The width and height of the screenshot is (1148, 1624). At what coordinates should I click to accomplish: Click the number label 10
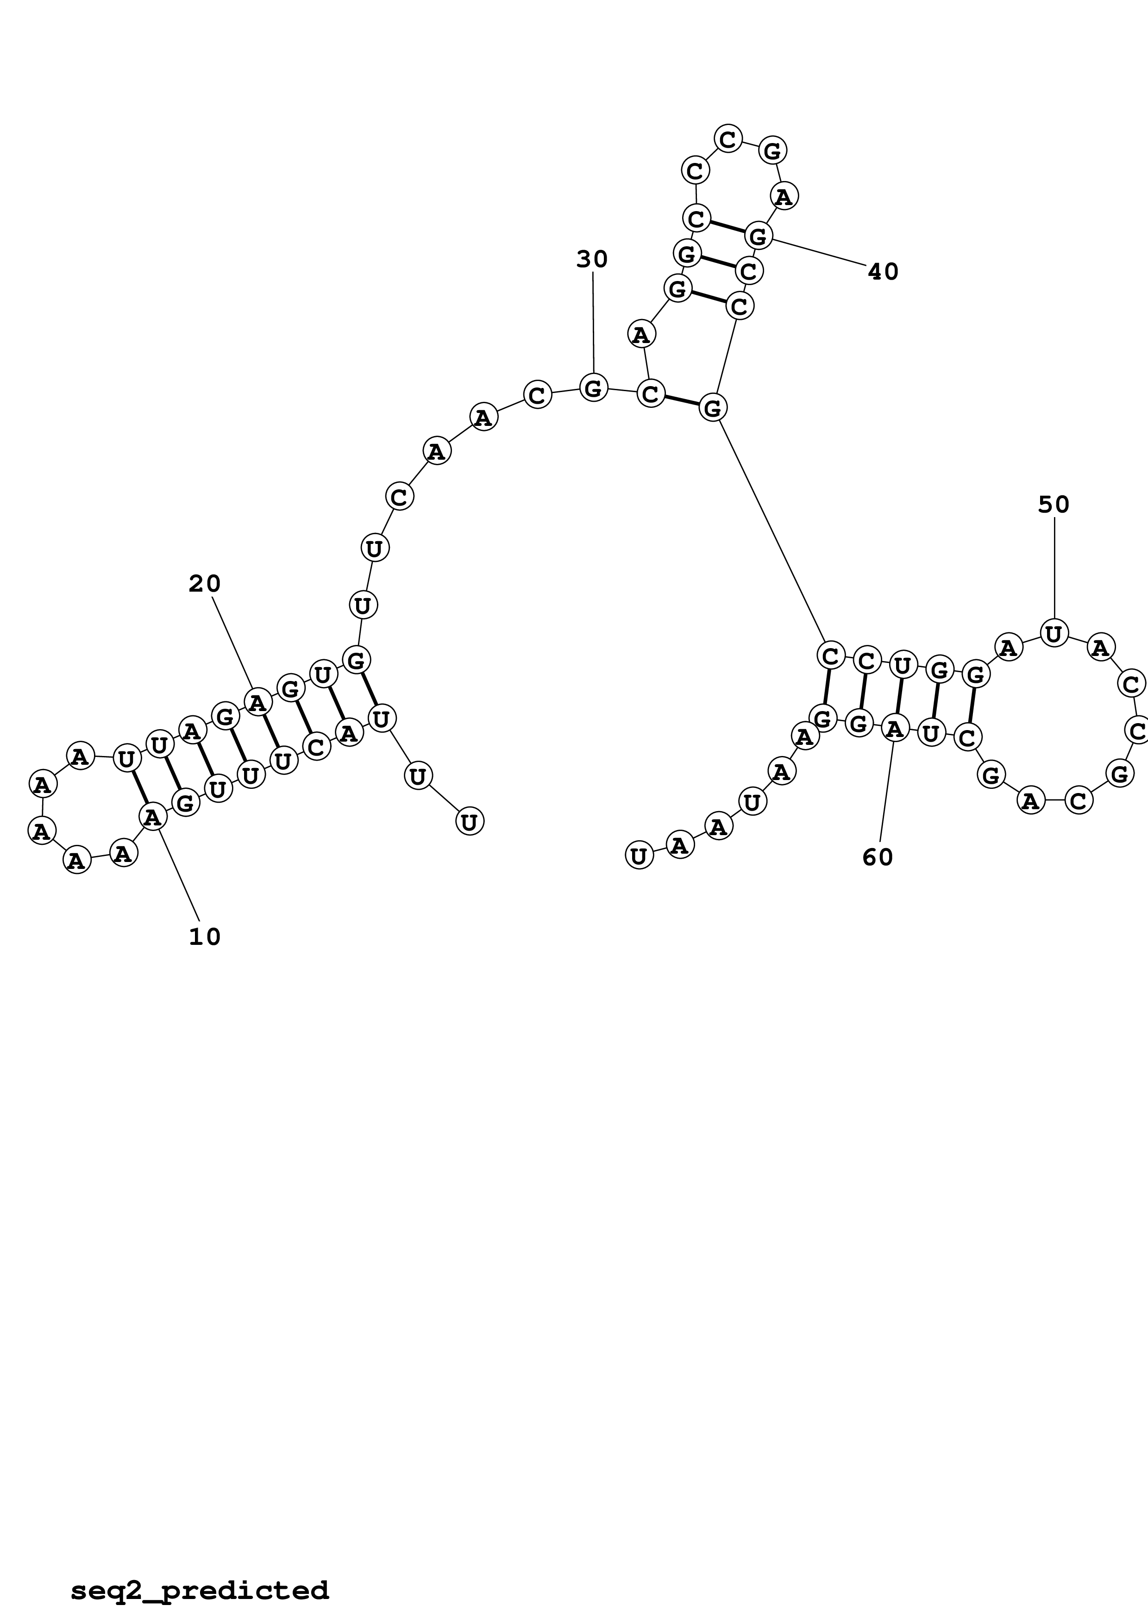tap(204, 937)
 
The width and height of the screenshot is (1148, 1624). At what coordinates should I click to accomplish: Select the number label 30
tap(592, 260)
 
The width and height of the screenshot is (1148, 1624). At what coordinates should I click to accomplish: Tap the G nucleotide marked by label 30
tap(594, 387)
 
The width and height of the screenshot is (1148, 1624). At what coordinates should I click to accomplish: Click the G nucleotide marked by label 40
tap(758, 235)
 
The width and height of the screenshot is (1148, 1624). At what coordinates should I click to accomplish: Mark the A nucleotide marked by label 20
tap(257, 702)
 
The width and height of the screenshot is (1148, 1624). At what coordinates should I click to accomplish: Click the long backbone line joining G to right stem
tap(771, 531)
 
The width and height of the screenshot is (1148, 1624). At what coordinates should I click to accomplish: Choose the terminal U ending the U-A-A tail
tap(639, 856)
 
